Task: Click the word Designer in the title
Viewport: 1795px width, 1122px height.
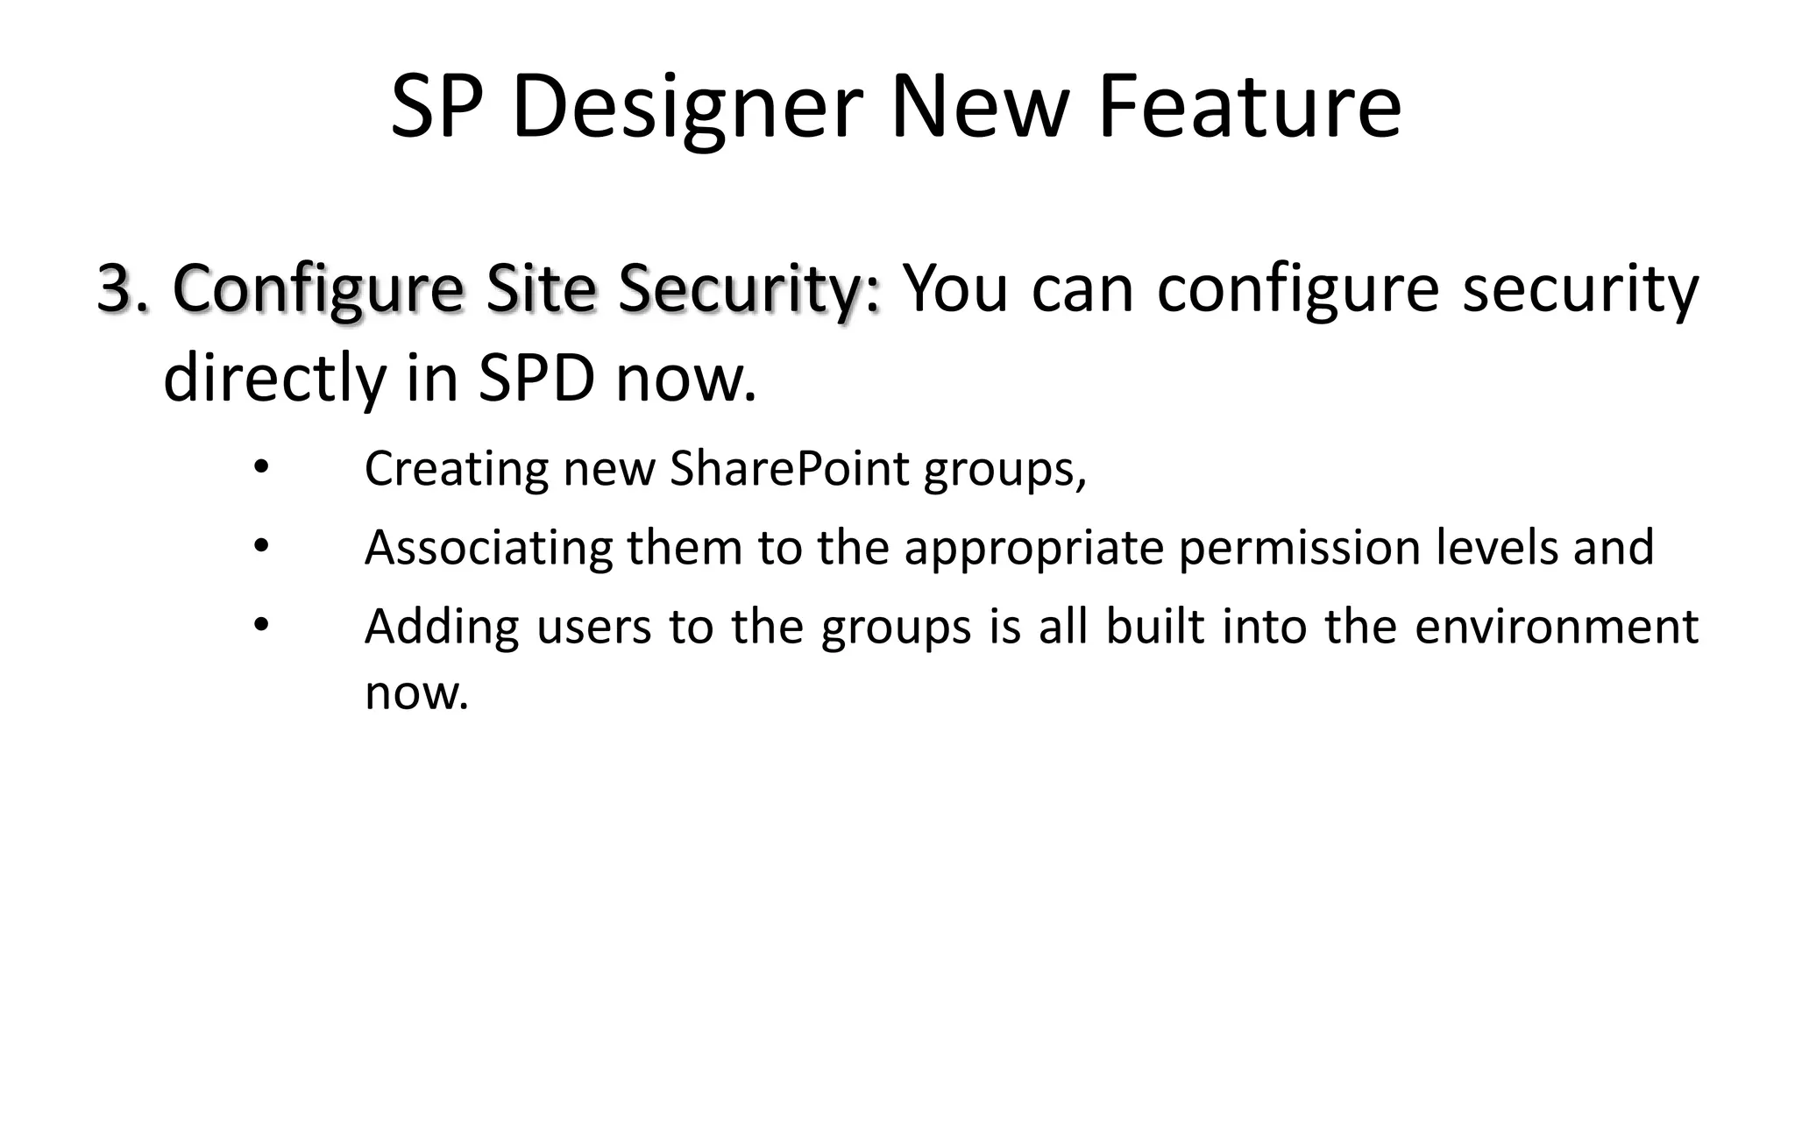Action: click(x=688, y=108)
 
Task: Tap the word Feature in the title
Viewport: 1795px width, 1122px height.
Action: click(x=1249, y=108)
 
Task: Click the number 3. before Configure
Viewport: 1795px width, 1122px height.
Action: click(x=123, y=288)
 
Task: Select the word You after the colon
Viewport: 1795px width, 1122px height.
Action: click(x=955, y=288)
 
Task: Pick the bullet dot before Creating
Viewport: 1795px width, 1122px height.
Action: click(x=259, y=467)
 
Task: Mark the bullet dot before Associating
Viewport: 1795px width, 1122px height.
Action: click(x=259, y=546)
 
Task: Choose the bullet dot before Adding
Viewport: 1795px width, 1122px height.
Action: click(x=259, y=625)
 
